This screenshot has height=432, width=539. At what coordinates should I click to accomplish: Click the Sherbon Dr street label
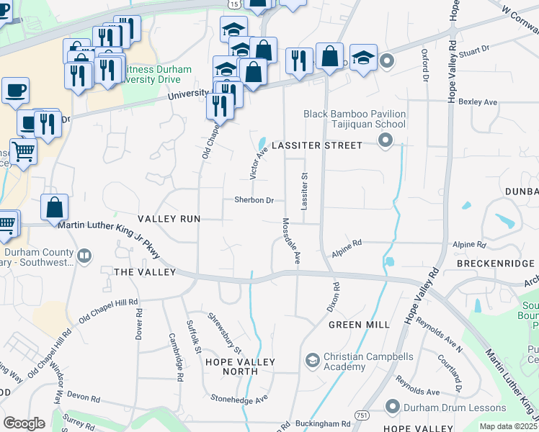[254, 200]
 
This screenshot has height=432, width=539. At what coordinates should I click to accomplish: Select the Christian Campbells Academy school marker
[313, 359]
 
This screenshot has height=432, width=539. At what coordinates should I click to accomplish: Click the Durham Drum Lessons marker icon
[393, 407]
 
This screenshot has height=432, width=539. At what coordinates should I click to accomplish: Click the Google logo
[24, 423]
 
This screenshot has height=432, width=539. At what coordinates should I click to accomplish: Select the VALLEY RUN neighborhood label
[169, 218]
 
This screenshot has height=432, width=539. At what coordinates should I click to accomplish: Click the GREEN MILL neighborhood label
[359, 325]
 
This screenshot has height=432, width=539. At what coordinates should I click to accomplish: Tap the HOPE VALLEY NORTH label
[231, 366]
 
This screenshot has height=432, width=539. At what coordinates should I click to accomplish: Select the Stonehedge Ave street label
[239, 398]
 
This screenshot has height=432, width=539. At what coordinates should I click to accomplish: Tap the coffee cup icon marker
[15, 91]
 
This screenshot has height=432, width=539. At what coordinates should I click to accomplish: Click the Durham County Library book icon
[84, 256]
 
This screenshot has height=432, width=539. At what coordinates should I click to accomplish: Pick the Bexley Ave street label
[482, 102]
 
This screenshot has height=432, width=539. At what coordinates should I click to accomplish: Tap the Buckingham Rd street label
[326, 424]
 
